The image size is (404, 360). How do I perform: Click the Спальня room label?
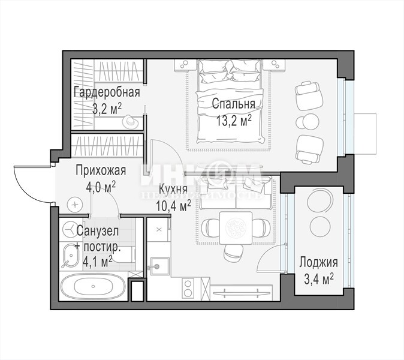click(233, 104)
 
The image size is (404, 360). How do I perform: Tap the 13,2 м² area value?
click(234, 121)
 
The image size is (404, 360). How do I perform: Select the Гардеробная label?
click(107, 92)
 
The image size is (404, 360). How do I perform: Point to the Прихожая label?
click(101, 170)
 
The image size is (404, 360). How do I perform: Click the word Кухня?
click(173, 189)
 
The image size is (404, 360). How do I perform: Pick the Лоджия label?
click(318, 263)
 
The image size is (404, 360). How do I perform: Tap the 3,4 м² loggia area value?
click(319, 279)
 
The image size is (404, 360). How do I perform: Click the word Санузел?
click(98, 231)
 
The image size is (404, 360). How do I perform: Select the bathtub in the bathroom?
click(93, 286)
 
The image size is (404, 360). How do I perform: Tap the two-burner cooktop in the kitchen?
click(188, 289)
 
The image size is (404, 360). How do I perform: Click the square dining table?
click(236, 228)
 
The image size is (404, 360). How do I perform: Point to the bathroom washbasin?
click(71, 256)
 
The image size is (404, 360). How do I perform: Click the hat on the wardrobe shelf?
click(130, 121)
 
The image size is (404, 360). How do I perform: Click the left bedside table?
click(185, 64)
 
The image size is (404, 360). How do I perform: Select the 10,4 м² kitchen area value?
click(173, 206)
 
